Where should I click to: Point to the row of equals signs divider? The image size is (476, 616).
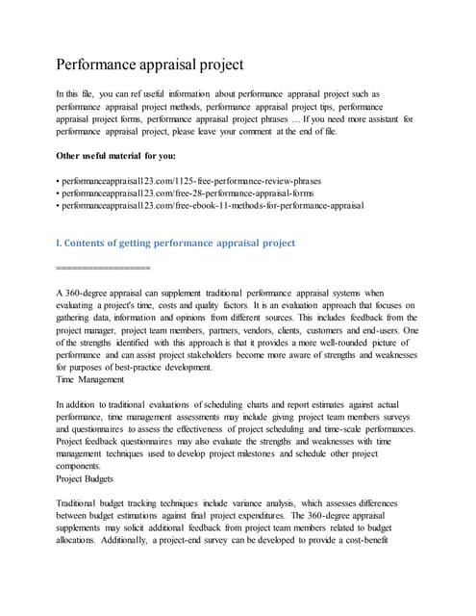point(103,267)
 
